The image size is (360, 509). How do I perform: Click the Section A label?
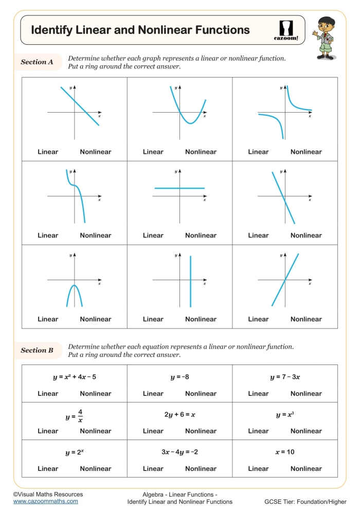click(x=37, y=62)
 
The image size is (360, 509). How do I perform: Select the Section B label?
click(x=37, y=350)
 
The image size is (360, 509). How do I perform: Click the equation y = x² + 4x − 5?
click(x=74, y=377)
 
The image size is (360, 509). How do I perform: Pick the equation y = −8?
click(x=179, y=377)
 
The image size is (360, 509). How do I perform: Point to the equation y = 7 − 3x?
click(x=285, y=377)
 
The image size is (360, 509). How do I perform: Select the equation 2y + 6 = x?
click(x=179, y=414)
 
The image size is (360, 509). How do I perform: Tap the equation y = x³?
click(x=285, y=414)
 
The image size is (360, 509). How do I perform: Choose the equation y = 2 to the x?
click(x=74, y=452)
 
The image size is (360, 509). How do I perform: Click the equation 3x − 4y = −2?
click(x=179, y=452)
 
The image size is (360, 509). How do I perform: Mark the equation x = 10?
click(x=285, y=452)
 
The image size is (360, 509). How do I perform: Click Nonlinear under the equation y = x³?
click(x=306, y=431)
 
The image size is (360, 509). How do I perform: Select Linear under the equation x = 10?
click(x=258, y=468)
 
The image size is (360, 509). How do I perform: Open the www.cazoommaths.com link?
click(x=46, y=501)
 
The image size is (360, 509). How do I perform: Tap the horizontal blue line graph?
click(x=179, y=188)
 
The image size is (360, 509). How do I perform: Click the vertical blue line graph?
click(x=190, y=281)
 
